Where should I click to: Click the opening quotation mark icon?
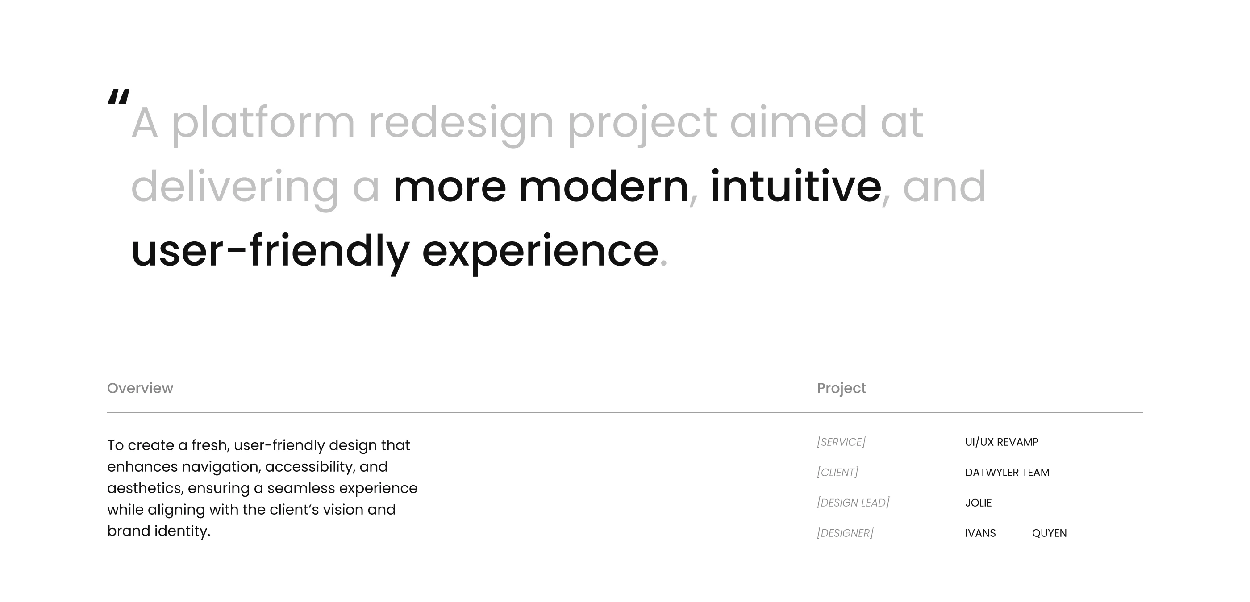click(118, 97)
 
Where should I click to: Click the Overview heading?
click(140, 388)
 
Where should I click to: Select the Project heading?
click(842, 389)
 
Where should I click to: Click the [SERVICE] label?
click(842, 442)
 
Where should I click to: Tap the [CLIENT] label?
click(837, 472)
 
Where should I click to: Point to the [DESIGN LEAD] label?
click(854, 502)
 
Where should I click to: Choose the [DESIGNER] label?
click(845, 533)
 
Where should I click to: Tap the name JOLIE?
click(978, 502)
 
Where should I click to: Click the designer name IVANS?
click(980, 533)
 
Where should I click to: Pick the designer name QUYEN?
click(1049, 533)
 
